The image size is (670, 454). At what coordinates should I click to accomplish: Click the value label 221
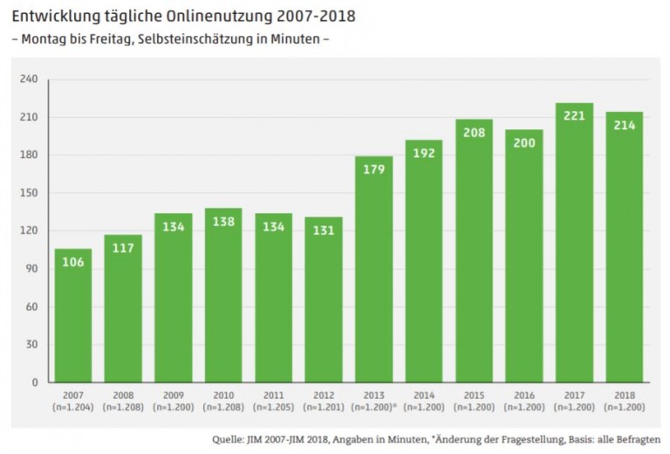574,115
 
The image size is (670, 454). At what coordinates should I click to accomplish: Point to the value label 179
373,169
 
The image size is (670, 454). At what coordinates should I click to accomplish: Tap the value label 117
123,247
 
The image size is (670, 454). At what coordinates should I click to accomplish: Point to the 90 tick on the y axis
31,269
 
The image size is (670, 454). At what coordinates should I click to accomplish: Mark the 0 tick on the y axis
35,382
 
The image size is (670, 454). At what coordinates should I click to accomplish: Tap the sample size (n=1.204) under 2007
73,407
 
